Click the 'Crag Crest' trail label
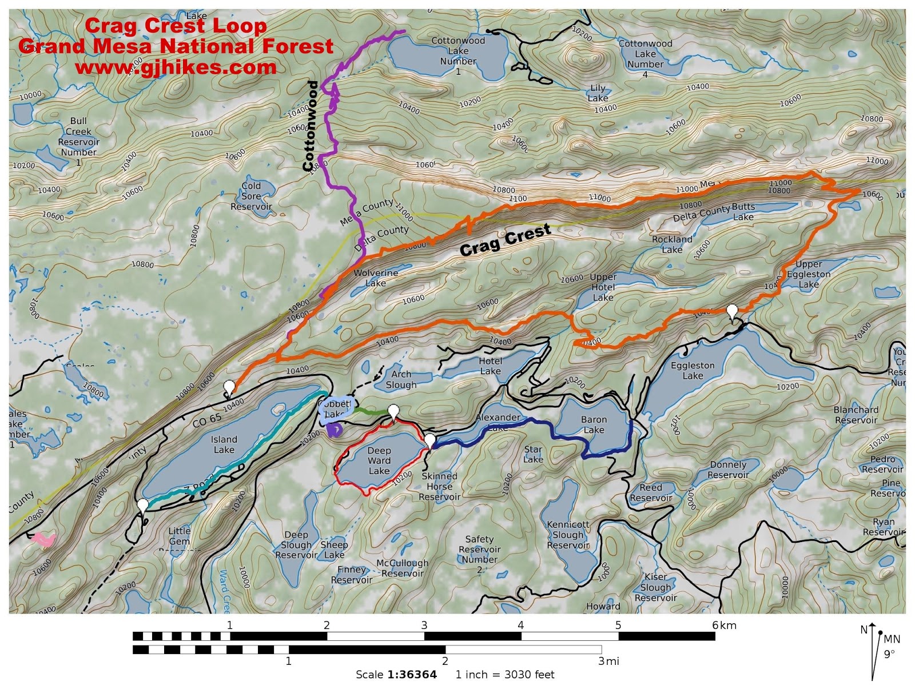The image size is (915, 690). click(x=505, y=240)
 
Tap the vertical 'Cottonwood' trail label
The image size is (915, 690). click(x=311, y=126)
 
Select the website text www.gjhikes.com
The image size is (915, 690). click(x=176, y=67)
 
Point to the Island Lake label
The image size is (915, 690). click(x=224, y=444)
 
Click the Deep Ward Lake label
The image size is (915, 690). click(x=379, y=460)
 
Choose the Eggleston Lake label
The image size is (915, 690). click(x=693, y=370)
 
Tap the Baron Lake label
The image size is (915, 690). click(x=594, y=424)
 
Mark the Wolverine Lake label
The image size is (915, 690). click(x=376, y=278)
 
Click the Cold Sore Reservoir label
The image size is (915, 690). click(x=251, y=196)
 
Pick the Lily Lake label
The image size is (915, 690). click(x=598, y=93)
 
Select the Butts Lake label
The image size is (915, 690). click(x=743, y=212)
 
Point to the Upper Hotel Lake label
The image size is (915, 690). click(x=603, y=287)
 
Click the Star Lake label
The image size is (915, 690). click(x=533, y=454)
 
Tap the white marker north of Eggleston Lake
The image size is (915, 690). click(x=732, y=312)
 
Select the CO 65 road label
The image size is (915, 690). click(x=207, y=420)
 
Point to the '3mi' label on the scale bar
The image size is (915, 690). click(x=608, y=661)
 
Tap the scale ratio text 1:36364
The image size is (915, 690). click(x=412, y=675)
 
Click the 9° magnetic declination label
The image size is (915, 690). click(x=889, y=654)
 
